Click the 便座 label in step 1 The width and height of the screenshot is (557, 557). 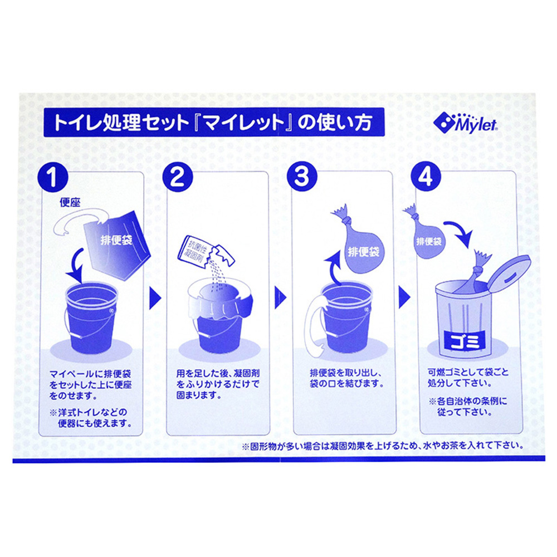(x=71, y=202)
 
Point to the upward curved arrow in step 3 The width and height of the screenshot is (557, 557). (x=335, y=268)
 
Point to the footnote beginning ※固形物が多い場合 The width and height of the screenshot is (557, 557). (x=382, y=445)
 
